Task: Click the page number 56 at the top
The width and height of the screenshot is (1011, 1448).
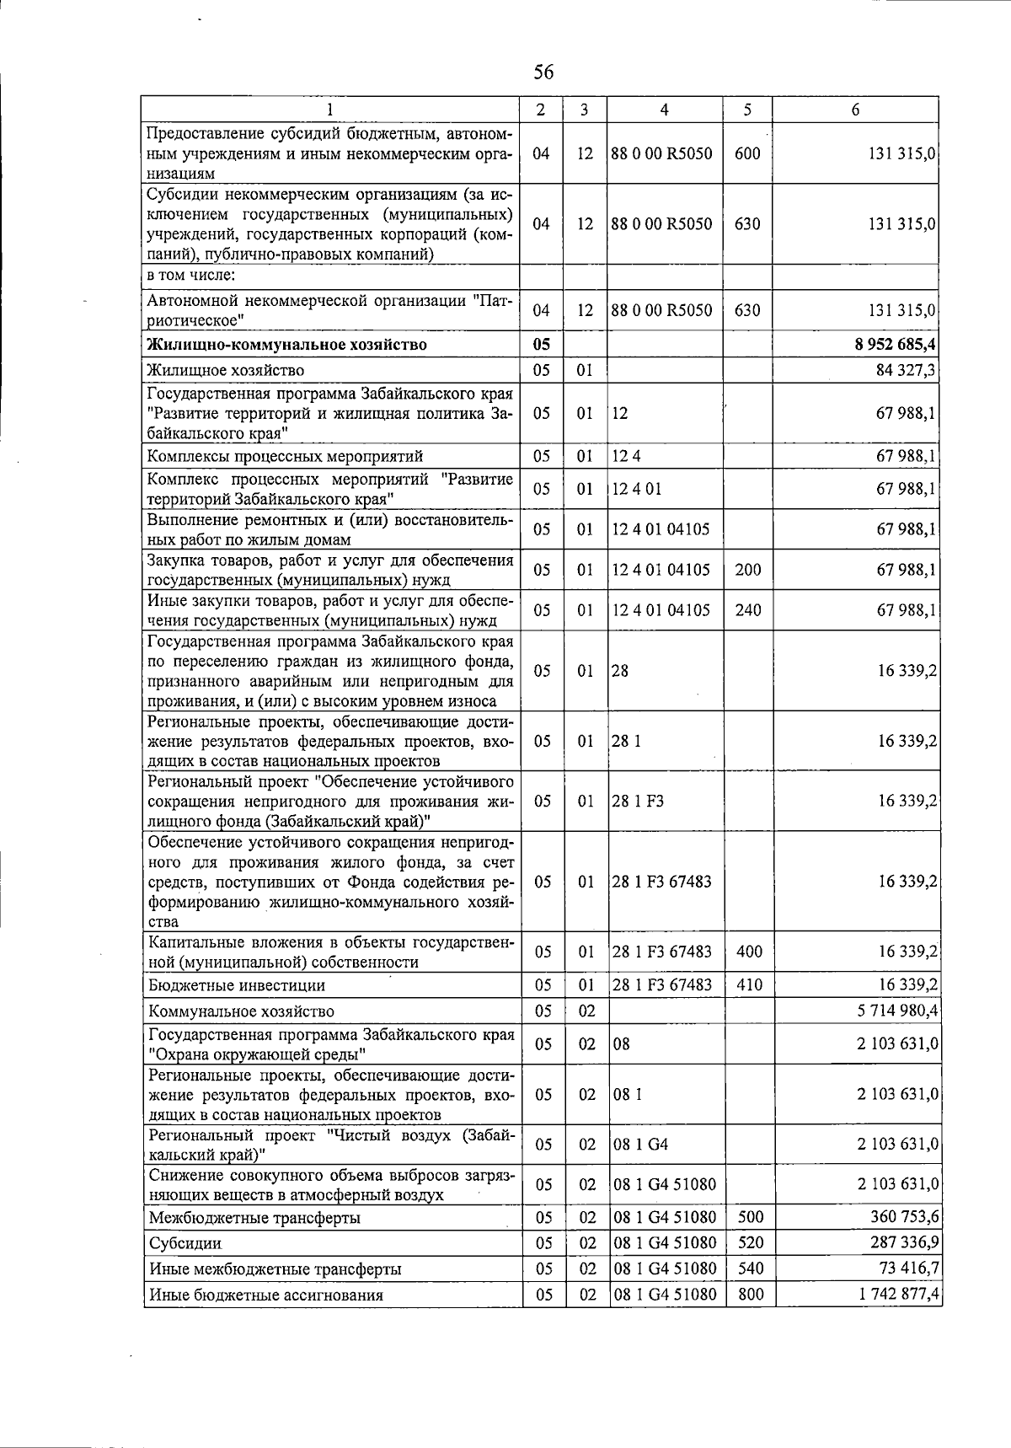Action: pyautogui.click(x=543, y=72)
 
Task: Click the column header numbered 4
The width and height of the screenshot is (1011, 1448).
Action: pyautogui.click(x=664, y=110)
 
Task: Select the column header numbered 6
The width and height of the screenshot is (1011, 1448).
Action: pyautogui.click(x=855, y=110)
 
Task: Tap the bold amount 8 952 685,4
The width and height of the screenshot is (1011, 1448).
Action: pyautogui.click(x=896, y=344)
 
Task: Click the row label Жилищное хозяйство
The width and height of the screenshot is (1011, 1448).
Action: pyautogui.click(x=226, y=370)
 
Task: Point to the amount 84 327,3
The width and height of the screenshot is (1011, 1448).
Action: pyautogui.click(x=907, y=370)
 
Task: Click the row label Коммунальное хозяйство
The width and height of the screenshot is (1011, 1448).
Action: pyautogui.click(x=241, y=1011)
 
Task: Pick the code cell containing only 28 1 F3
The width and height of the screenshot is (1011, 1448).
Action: pyautogui.click(x=638, y=801)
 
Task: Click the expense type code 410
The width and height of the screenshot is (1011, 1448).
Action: pyautogui.click(x=749, y=984)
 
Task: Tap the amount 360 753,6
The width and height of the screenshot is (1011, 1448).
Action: pyautogui.click(x=904, y=1217)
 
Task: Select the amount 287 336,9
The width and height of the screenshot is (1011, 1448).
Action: pyautogui.click(x=904, y=1242)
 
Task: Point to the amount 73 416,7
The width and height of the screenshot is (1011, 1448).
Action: pyautogui.click(x=908, y=1268)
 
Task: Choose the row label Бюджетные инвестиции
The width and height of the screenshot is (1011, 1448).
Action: pyautogui.click(x=237, y=985)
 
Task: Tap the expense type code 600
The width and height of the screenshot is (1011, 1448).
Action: pyautogui.click(x=747, y=153)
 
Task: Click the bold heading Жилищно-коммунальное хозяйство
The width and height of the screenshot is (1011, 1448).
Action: pyautogui.click(x=286, y=344)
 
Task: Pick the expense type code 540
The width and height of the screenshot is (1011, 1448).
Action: pyautogui.click(x=750, y=1268)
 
